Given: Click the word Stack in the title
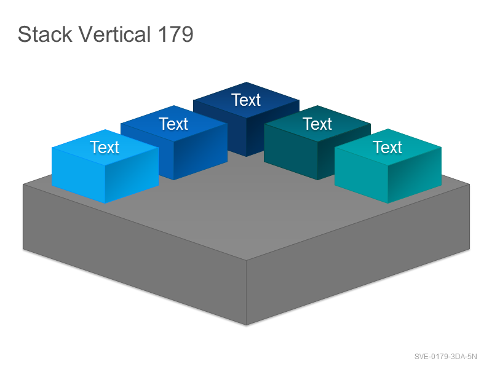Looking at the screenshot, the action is click(x=45, y=34).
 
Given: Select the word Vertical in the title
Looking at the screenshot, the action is click(x=114, y=34).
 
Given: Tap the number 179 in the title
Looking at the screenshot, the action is click(x=175, y=34).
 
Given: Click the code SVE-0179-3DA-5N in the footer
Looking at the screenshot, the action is click(x=445, y=357).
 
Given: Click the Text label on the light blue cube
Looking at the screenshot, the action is click(x=105, y=147).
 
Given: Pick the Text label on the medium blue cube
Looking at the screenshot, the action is click(x=173, y=124).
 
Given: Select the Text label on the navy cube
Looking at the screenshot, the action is click(x=246, y=100).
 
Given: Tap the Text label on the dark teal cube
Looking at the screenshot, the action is click(x=317, y=124).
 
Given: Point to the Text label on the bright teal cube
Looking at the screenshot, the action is click(x=387, y=147).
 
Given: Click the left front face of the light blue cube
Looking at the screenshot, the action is click(x=79, y=175).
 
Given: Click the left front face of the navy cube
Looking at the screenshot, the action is click(x=220, y=128).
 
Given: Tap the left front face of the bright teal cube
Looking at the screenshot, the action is click(x=362, y=175).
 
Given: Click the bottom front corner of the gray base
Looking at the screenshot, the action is click(x=247, y=325).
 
